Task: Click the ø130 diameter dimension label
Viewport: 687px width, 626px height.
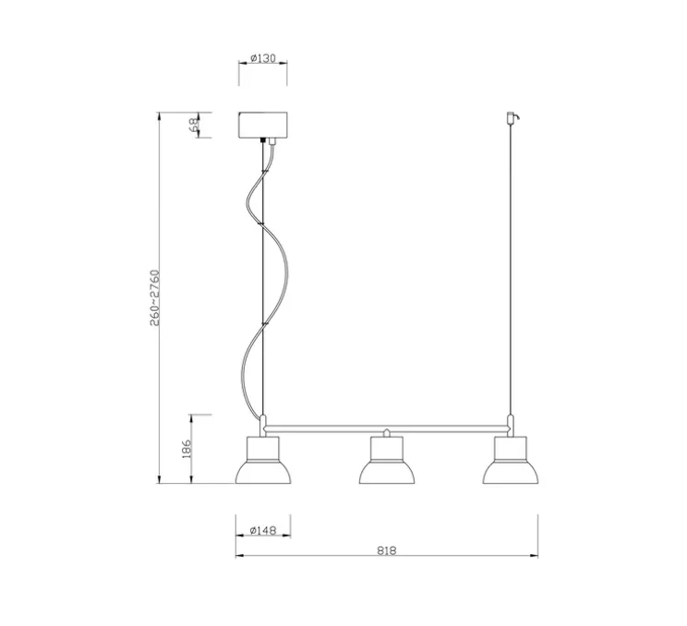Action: point(264,59)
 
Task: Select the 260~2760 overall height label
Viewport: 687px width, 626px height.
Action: point(156,297)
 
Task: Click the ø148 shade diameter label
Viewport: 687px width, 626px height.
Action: point(263,530)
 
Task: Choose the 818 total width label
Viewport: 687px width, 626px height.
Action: point(387,551)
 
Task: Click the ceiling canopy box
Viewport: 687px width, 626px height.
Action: point(263,125)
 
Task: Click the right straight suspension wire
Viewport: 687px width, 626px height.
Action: point(511,277)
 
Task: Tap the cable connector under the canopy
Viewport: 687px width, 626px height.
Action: point(267,141)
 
